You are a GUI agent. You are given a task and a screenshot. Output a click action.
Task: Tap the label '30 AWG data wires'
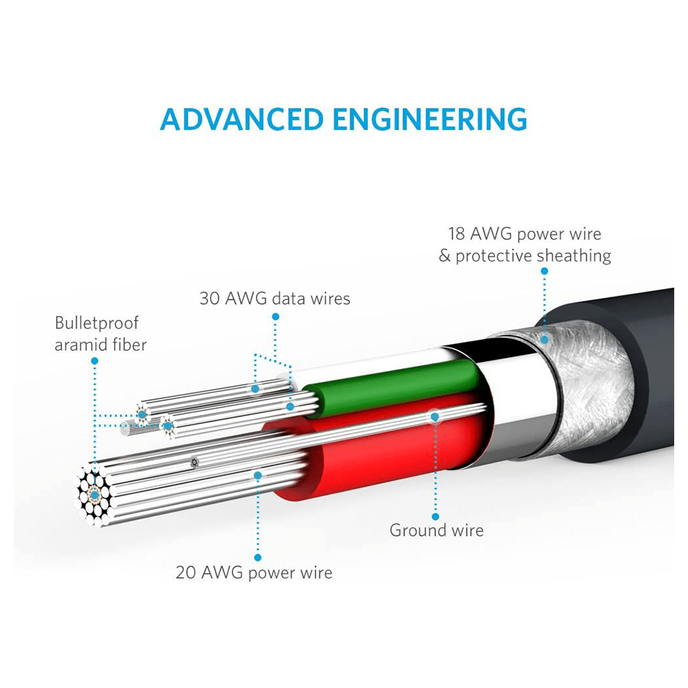(x=275, y=299)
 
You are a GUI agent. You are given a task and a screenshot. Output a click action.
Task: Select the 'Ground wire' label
(x=436, y=530)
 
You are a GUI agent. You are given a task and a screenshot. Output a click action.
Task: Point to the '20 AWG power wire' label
(x=254, y=572)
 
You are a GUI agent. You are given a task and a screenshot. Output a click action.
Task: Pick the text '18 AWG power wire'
(x=524, y=234)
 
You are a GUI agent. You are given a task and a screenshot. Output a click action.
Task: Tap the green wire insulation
(x=385, y=385)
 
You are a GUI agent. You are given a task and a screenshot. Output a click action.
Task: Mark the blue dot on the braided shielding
(x=544, y=338)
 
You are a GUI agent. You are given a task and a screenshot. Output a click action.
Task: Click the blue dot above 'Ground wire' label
(x=436, y=517)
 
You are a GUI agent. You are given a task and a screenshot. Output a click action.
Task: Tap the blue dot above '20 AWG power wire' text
(x=258, y=558)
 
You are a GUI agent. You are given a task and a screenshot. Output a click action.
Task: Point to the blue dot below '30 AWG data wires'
(x=275, y=316)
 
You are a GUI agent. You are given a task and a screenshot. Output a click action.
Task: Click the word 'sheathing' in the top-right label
(x=574, y=256)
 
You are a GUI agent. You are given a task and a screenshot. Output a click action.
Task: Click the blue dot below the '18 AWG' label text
(x=544, y=271)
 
